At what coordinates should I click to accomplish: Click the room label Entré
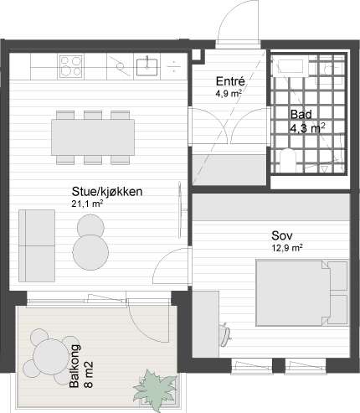(229, 81)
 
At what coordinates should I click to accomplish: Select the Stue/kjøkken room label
(106, 192)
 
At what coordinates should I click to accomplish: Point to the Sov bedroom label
(281, 235)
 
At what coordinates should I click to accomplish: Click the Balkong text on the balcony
(75, 363)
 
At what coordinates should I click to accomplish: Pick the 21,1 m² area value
(87, 204)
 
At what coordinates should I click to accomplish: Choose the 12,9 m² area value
(285, 247)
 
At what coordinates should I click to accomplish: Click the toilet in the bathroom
(287, 158)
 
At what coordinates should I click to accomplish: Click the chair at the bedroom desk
(224, 333)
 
